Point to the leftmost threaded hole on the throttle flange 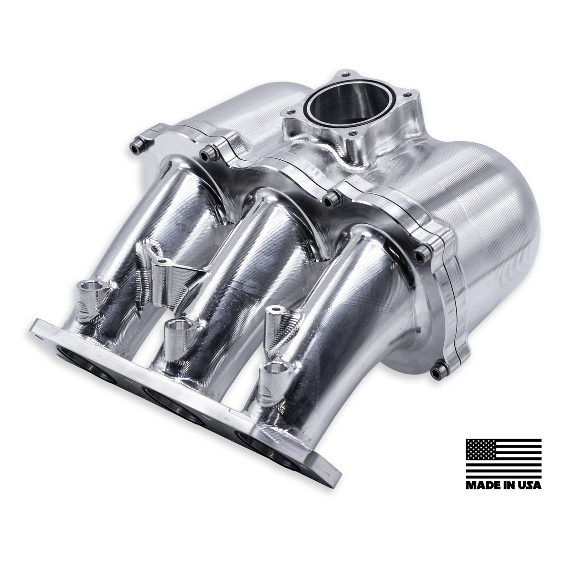(287, 112)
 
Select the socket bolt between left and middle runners (206, 153)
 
